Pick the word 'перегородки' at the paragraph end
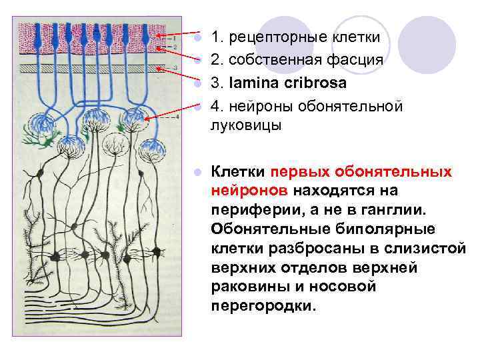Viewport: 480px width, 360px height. (265, 307)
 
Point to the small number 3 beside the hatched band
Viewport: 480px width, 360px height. (175, 68)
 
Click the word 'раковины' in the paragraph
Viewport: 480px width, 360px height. (241, 287)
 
